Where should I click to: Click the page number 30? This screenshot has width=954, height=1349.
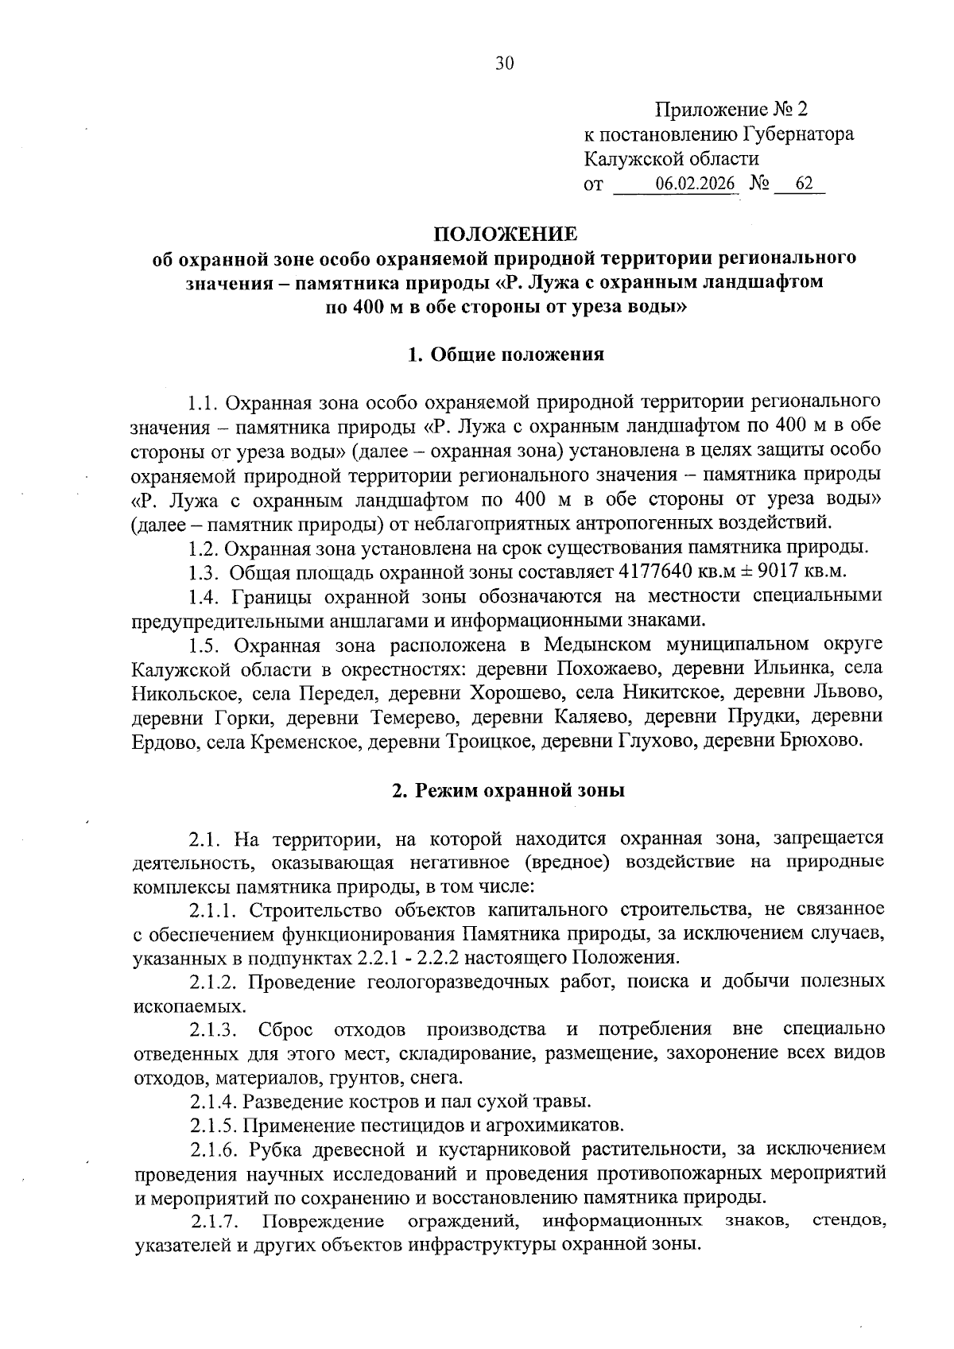(x=505, y=64)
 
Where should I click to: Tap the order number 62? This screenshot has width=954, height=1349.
(x=804, y=184)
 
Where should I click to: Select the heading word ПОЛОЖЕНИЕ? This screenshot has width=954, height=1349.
(x=505, y=234)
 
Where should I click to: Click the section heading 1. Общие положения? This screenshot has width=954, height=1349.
(x=506, y=355)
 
